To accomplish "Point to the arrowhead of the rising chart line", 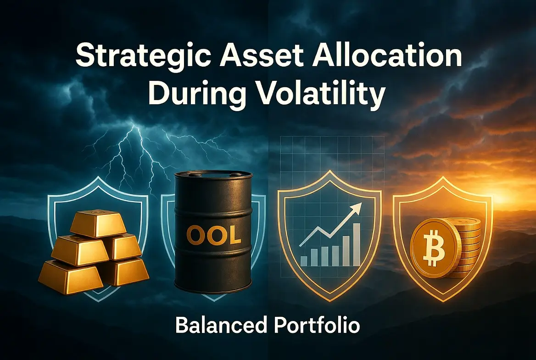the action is point(357,208).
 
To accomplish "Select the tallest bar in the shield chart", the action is point(356,244).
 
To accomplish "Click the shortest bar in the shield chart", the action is point(303,261).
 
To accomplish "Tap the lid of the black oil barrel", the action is point(213,175).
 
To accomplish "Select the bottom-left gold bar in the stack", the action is point(70,276).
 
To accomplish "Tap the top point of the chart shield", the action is point(329,171).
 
